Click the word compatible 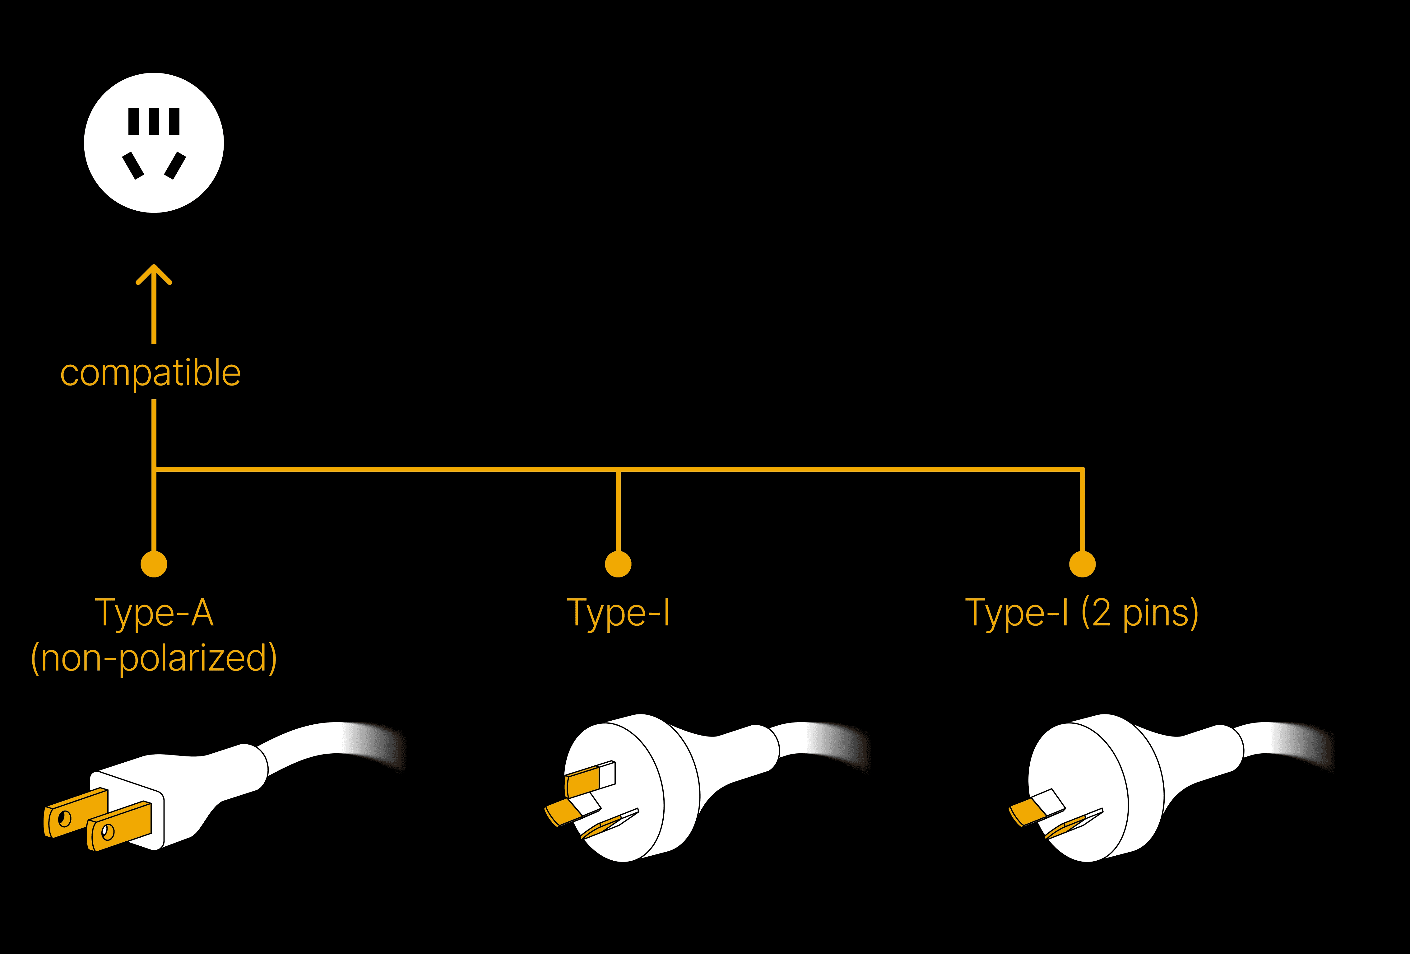(x=151, y=373)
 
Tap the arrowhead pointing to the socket (x=154, y=273)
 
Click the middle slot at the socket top (x=154, y=121)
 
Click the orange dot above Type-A (x=154, y=564)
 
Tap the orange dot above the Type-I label (x=618, y=564)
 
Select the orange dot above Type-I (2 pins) (x=1082, y=564)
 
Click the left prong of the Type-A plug (x=76, y=813)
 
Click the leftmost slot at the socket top (x=133, y=121)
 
